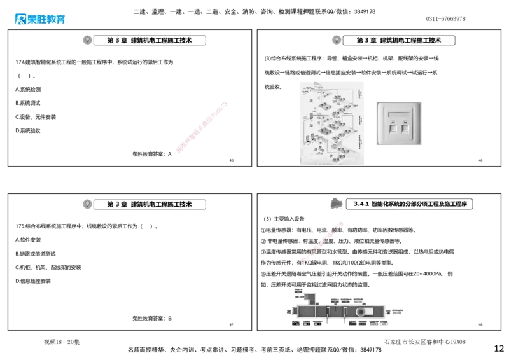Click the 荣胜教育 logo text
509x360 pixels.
(x=46, y=20)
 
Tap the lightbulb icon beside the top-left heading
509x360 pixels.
(x=87, y=40)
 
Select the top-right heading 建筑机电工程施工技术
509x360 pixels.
(x=410, y=40)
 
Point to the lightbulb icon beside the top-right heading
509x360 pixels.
(x=336, y=40)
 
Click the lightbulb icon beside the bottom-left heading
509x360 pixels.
(x=87, y=204)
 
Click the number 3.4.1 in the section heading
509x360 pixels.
(x=361, y=204)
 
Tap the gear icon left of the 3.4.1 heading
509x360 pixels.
(x=334, y=203)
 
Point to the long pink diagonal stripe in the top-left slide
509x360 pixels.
(x=201, y=127)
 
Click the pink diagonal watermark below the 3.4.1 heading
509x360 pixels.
(x=323, y=241)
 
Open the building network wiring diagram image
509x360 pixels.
(x=331, y=123)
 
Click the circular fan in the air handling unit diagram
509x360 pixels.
(x=361, y=312)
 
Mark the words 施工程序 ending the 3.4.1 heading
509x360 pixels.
(x=456, y=204)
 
